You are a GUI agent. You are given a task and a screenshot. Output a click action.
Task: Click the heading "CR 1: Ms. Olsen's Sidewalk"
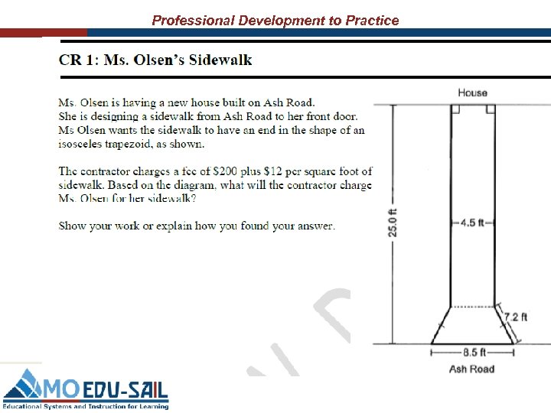coord(155,60)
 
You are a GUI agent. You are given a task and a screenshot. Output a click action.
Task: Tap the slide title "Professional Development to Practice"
coord(275,20)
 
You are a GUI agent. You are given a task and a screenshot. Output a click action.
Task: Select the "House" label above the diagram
coord(472,93)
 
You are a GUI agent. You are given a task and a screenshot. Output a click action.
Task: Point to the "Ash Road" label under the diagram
coord(471,369)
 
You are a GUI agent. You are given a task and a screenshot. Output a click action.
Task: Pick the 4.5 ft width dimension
coord(472,223)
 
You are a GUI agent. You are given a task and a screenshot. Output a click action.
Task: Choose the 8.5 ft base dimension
coord(472,353)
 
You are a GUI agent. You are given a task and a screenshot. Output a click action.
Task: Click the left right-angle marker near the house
coord(455,109)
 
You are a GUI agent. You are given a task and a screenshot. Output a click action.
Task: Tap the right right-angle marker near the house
coord(491,109)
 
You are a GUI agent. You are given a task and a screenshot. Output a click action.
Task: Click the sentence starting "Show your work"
coord(197,226)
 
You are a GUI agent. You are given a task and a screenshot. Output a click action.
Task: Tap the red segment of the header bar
coord(43,33)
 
